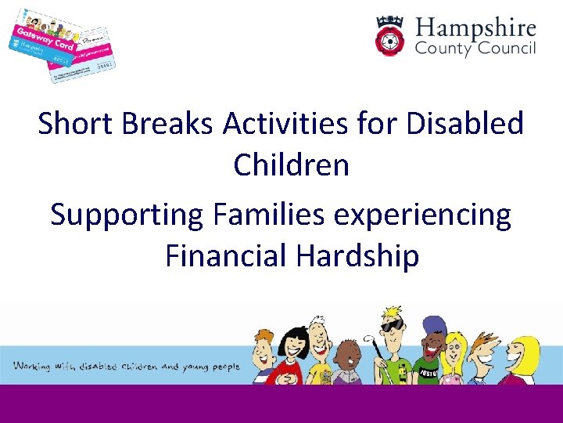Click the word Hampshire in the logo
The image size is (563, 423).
click(475, 30)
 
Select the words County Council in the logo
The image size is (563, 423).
click(475, 50)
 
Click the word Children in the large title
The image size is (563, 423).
click(291, 166)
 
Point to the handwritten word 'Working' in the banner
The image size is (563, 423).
click(32, 366)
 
